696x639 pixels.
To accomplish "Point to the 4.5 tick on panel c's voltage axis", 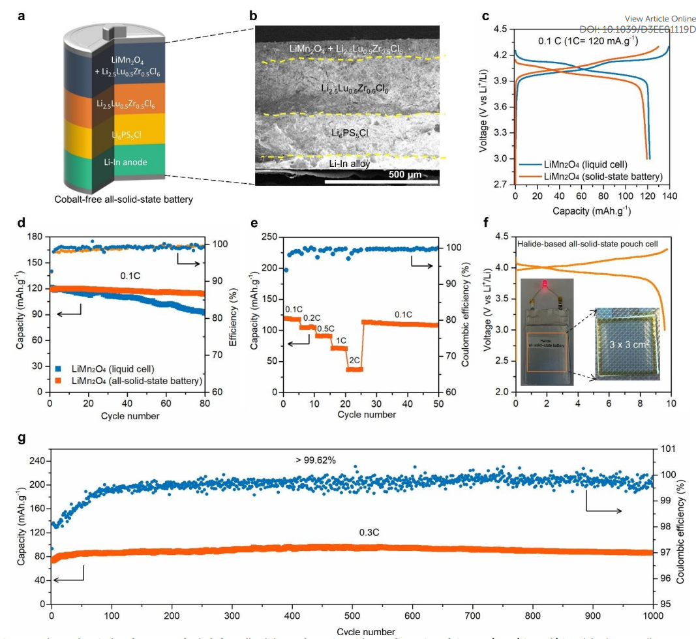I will click(500, 29).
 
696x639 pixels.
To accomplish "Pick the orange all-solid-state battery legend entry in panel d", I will click(131, 380).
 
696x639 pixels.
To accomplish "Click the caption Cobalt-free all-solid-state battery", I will click(124, 200).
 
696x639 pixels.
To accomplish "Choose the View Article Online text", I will click(660, 19).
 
